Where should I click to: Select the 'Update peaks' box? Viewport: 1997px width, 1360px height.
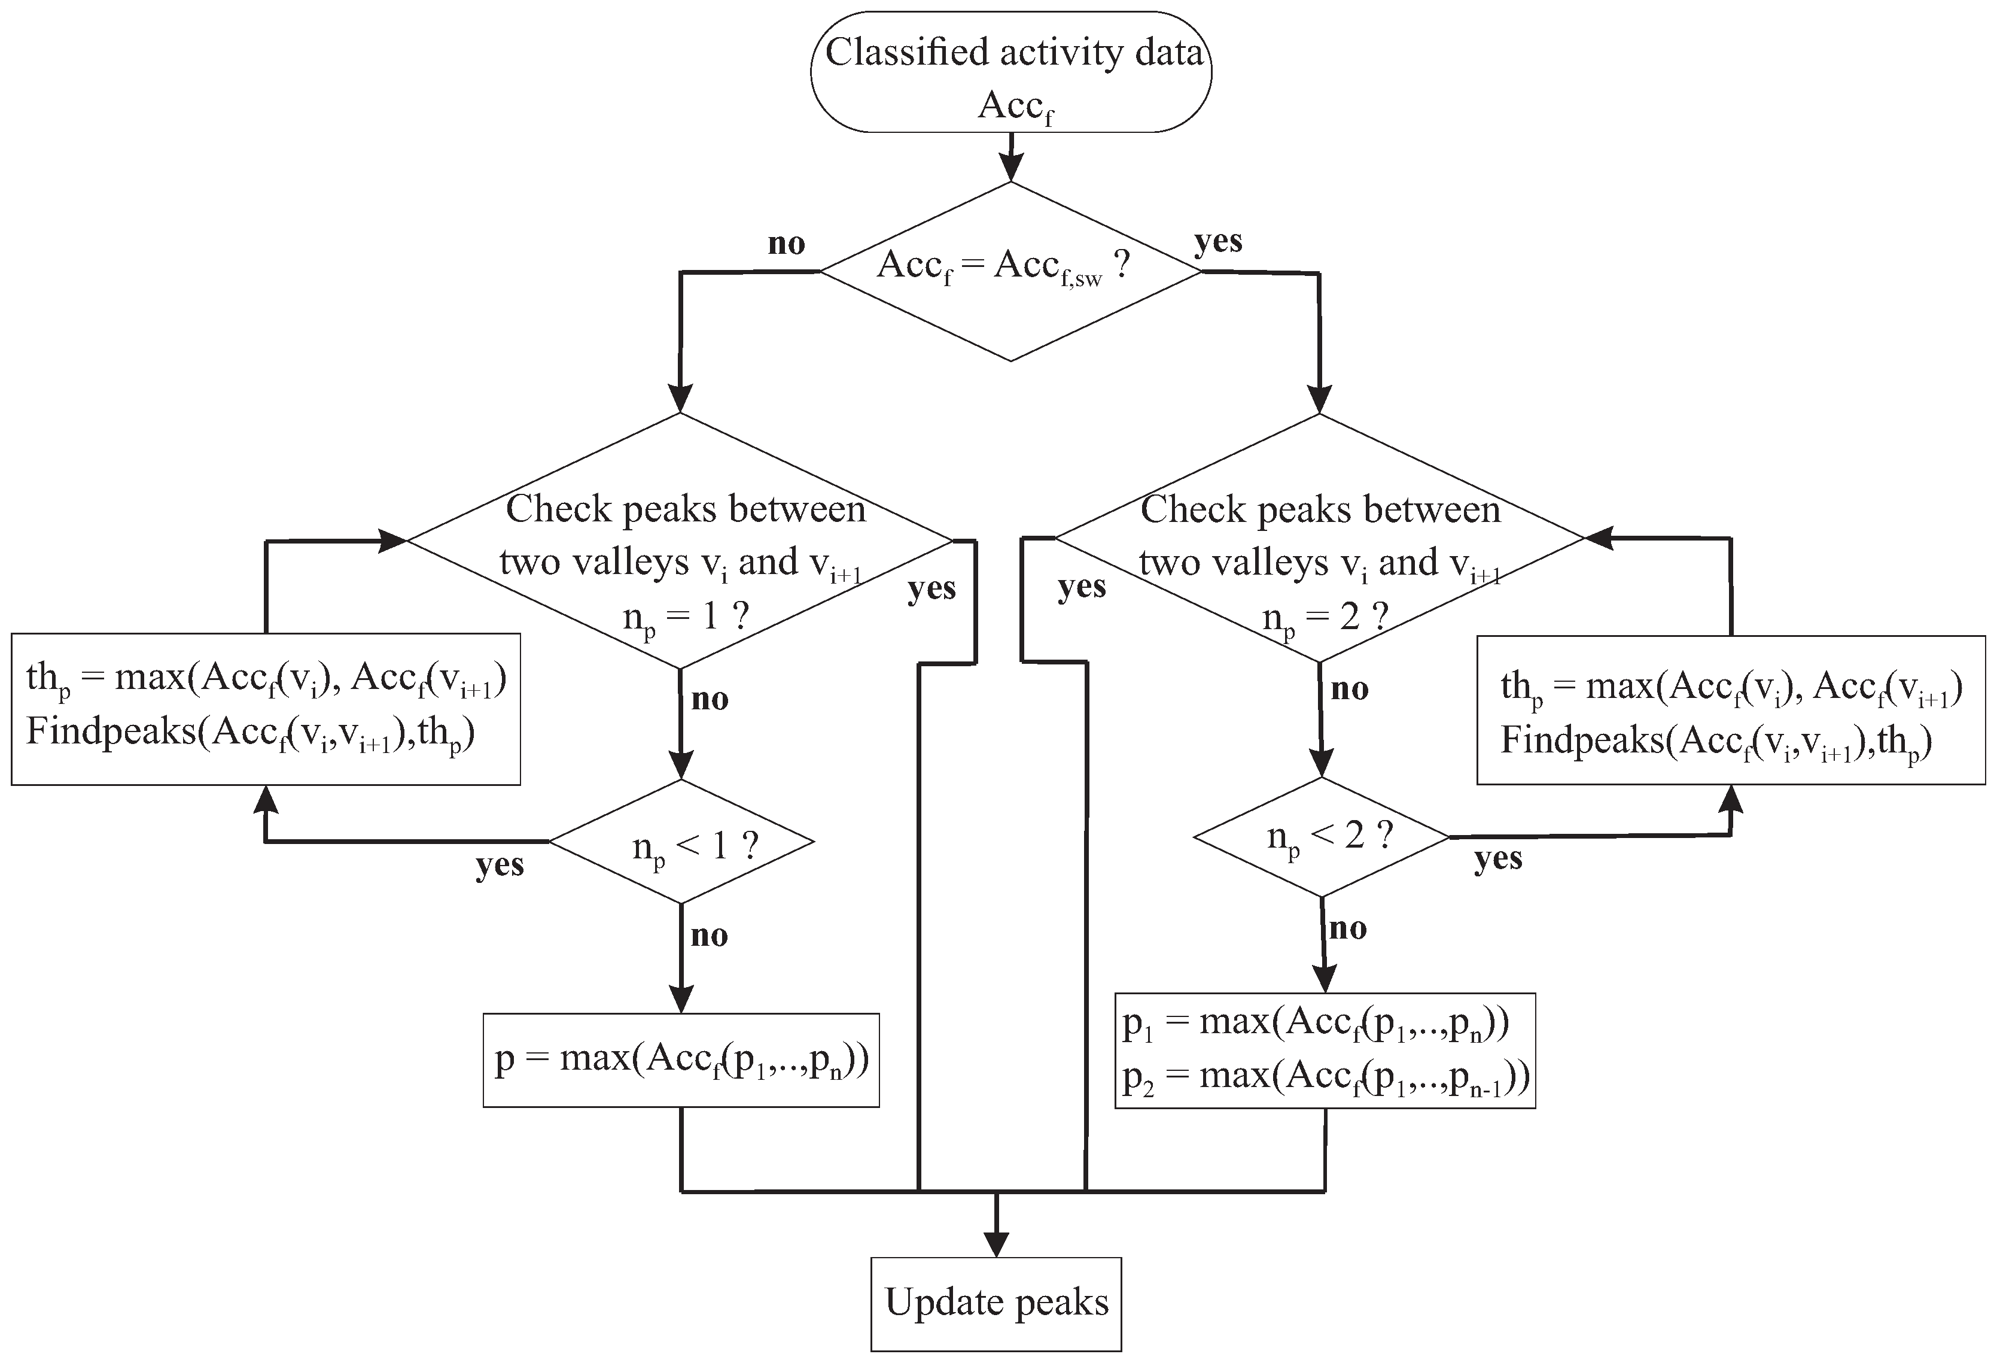click(996, 1303)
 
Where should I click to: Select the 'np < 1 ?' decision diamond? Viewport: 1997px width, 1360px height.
click(681, 842)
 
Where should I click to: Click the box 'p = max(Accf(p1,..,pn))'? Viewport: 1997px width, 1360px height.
click(681, 1060)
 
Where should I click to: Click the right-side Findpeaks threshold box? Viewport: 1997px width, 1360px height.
click(1731, 710)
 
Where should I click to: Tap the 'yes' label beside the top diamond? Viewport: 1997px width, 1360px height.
click(1217, 242)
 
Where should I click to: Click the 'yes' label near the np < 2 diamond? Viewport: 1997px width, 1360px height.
click(1498, 858)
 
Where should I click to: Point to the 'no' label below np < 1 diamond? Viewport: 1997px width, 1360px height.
click(709, 936)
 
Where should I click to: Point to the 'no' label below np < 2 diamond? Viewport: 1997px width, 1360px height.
click(1347, 928)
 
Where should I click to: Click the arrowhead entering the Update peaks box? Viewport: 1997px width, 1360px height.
click(996, 1246)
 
